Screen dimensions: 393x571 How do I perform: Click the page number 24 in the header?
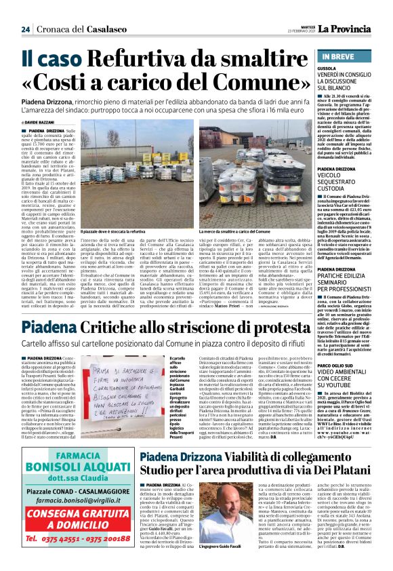[26, 29]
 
